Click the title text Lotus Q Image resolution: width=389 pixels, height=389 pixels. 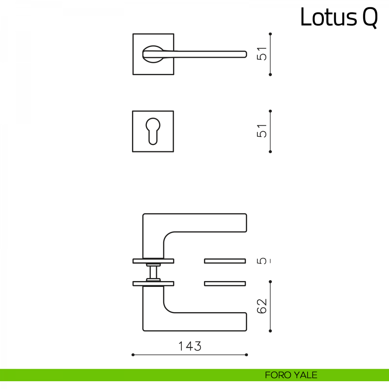tap(339, 18)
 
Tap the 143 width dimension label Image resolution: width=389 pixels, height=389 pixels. tap(190, 346)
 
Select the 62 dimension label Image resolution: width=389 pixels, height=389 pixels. tap(262, 306)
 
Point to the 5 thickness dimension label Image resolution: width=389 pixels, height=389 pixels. tap(262, 261)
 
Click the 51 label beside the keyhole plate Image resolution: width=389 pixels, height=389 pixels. tap(262, 131)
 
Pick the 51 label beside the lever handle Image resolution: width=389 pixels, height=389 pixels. tap(262, 54)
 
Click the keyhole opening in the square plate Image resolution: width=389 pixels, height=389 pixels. tap(153, 131)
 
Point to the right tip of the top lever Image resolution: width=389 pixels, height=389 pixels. tap(247, 54)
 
